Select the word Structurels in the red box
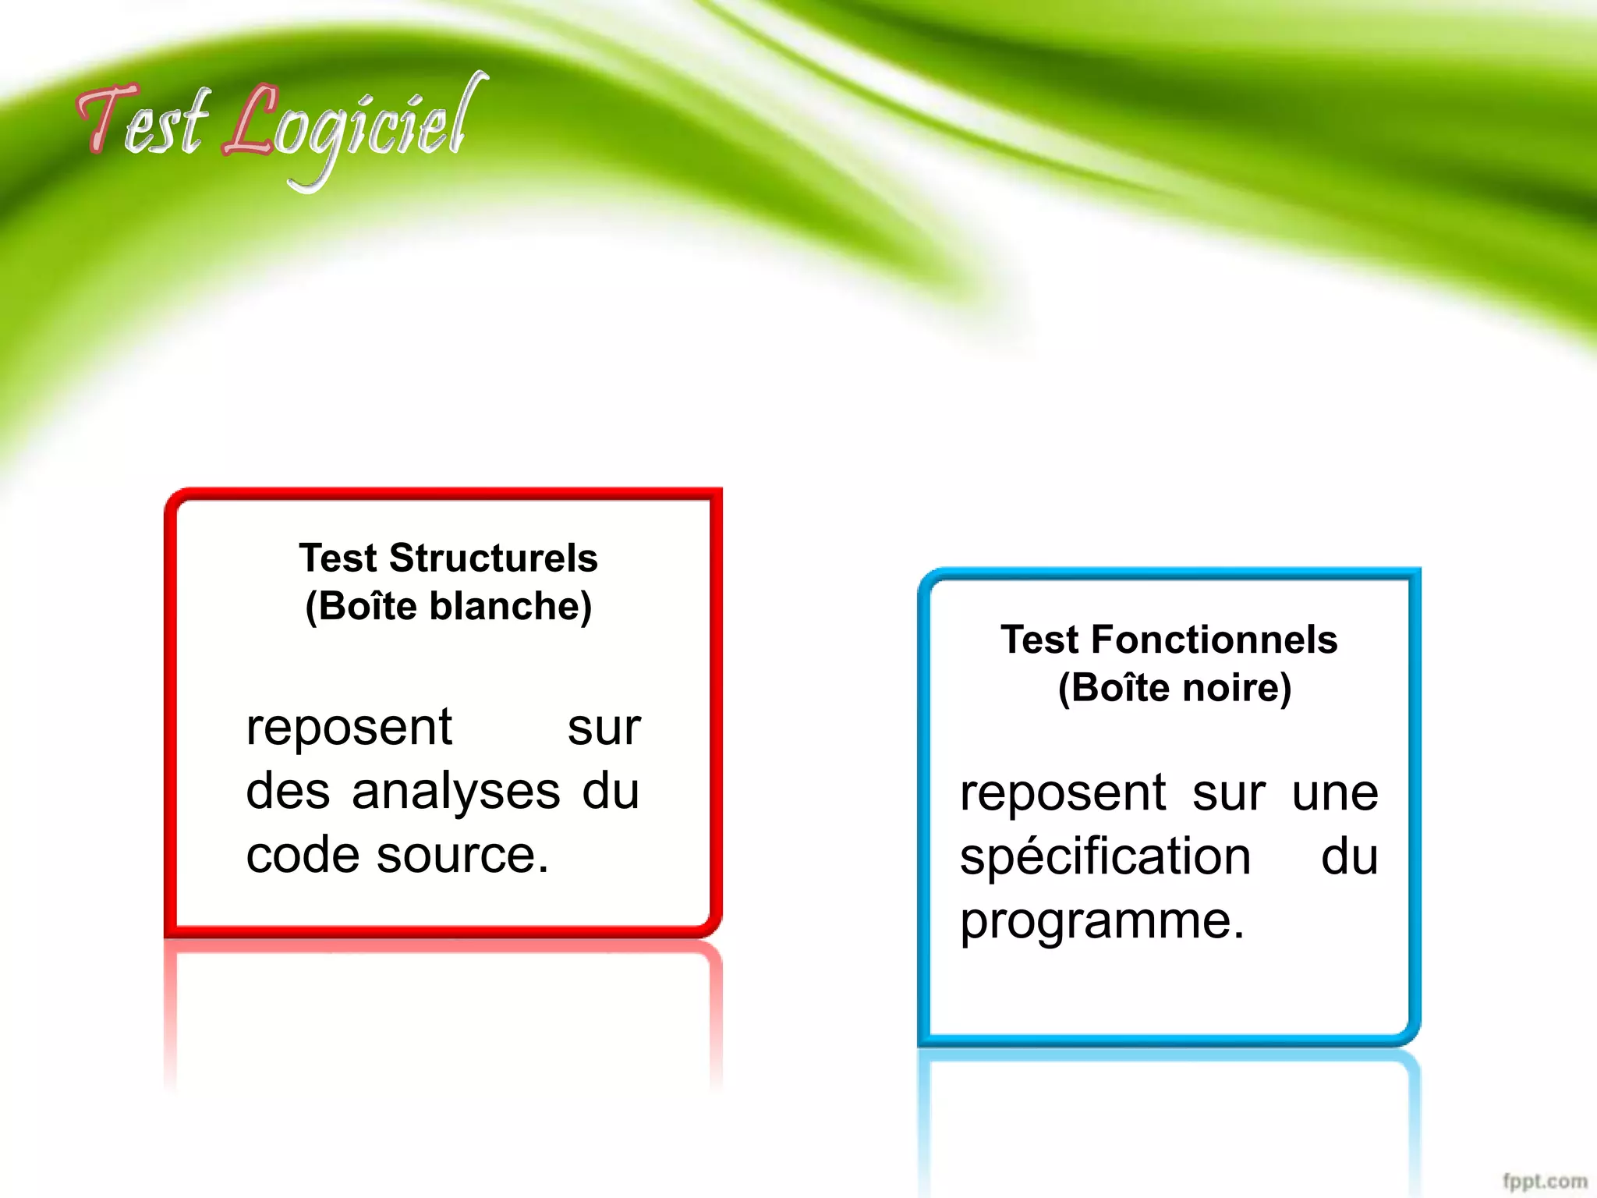pyautogui.click(x=493, y=558)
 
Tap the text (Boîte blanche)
pyautogui.click(x=448, y=606)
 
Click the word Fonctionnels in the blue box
pyautogui.click(x=1214, y=640)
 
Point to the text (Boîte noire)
pyautogui.click(x=1174, y=688)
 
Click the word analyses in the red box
pyautogui.click(x=455, y=792)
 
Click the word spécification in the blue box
pyautogui.click(x=1105, y=858)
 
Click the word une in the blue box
pyautogui.click(x=1335, y=794)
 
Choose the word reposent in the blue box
pyautogui.click(x=1063, y=794)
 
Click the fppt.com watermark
pyautogui.click(x=1545, y=1181)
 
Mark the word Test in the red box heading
pyautogui.click(x=338, y=558)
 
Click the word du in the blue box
pyautogui.click(x=1349, y=858)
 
